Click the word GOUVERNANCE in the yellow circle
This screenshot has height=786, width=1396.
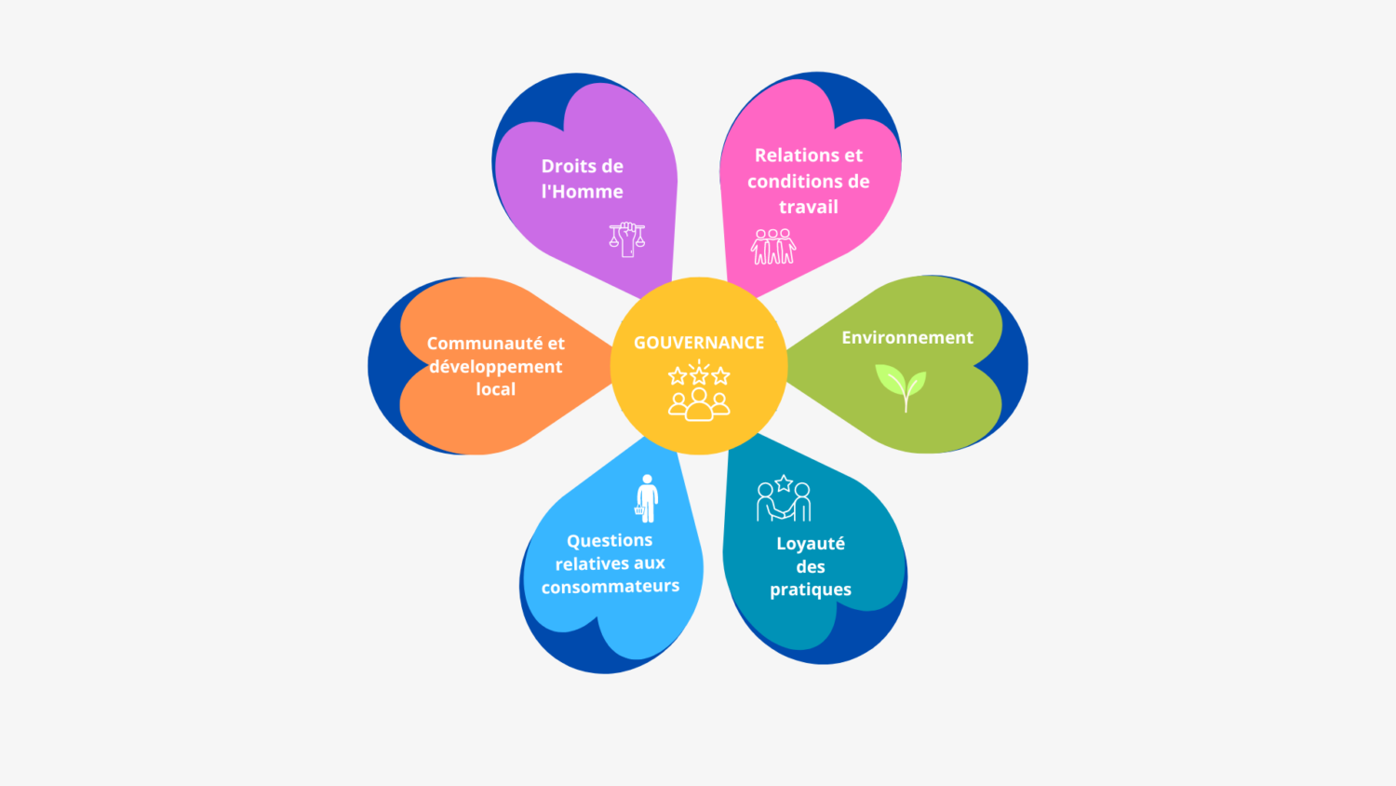coord(699,343)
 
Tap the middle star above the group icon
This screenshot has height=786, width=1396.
coord(699,375)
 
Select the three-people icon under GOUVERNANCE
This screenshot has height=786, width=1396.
coord(699,404)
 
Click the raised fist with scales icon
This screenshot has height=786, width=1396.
coord(627,239)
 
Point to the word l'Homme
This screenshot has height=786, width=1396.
coord(582,192)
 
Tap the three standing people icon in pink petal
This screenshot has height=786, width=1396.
coord(772,247)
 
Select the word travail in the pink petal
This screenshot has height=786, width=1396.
coord(809,207)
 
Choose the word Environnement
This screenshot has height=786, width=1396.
coord(907,337)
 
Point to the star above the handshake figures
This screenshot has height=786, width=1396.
coord(784,482)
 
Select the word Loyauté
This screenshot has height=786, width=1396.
coord(811,543)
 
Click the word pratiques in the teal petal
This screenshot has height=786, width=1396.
coord(811,589)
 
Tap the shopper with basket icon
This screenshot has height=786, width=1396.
coord(647,498)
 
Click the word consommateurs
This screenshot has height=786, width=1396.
coord(611,587)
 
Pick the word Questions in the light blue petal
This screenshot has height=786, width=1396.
coord(610,541)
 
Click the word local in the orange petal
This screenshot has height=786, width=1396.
coord(495,389)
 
